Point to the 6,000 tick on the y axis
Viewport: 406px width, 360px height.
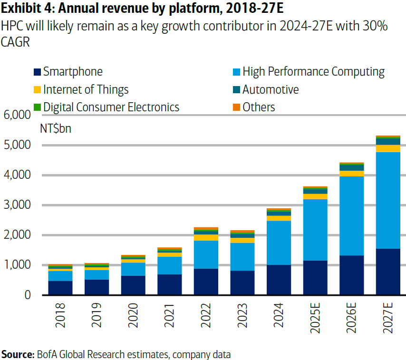[17, 115]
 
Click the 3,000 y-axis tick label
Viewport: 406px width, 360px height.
[17, 205]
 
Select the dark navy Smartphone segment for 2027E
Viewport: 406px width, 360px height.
[388, 272]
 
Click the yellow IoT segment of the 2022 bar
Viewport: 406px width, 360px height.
[206, 237]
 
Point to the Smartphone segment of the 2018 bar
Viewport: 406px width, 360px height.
[60, 288]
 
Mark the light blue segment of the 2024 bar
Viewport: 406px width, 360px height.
[279, 243]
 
